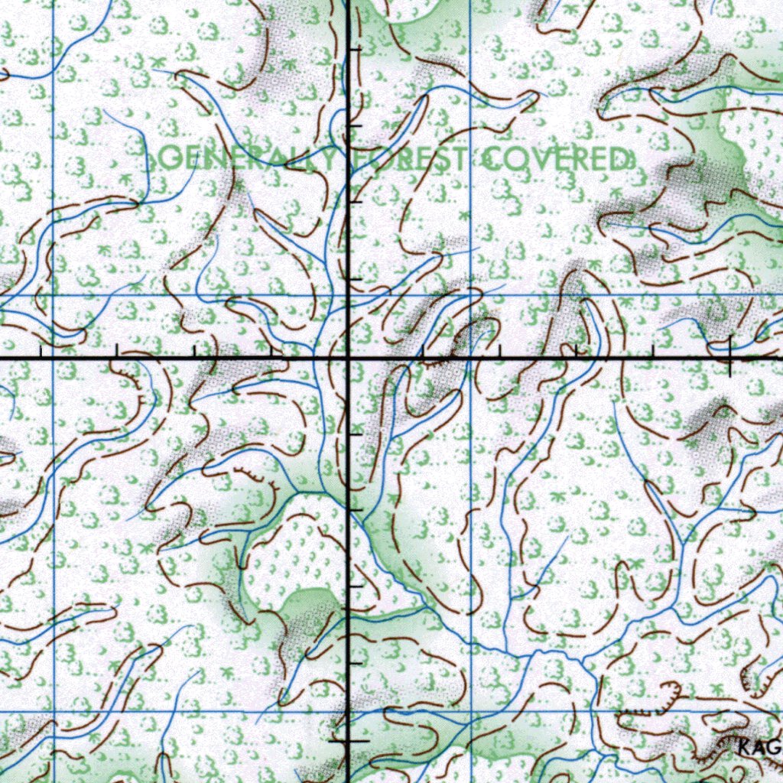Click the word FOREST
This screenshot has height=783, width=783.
pyautogui.click(x=410, y=159)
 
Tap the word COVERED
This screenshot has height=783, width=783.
pyautogui.click(x=557, y=159)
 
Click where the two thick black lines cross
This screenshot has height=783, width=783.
pyautogui.click(x=349, y=357)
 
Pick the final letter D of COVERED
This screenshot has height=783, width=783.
pyautogui.click(x=621, y=159)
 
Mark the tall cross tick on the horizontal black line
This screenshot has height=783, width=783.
pyautogui.click(x=729, y=356)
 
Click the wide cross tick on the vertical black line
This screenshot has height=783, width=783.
pyautogui.click(x=349, y=741)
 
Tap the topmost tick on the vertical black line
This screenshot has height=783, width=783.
pyautogui.click(x=353, y=49)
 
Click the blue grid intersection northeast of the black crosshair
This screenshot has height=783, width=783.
pyautogui.click(x=470, y=294)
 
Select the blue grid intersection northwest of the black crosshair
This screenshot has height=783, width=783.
pyautogui.click(x=53, y=294)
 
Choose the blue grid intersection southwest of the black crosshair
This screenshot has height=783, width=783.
pyautogui.click(x=53, y=711)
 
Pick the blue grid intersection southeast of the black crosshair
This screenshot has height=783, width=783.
pyautogui.click(x=470, y=711)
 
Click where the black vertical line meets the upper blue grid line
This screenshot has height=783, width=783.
pyautogui.click(x=349, y=294)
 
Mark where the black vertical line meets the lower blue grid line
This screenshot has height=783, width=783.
pyautogui.click(x=349, y=711)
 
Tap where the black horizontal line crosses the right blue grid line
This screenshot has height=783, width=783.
pyautogui.click(x=470, y=357)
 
